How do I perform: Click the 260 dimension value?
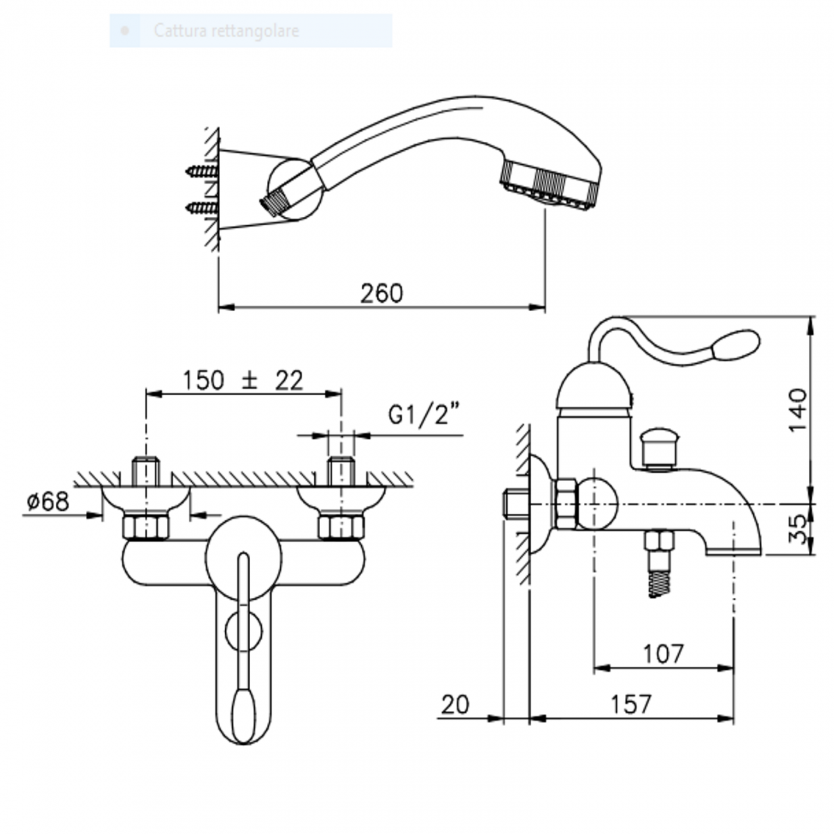[382, 293]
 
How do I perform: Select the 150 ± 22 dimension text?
[243, 380]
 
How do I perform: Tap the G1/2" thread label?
[425, 415]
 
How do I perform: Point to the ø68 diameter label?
[47, 501]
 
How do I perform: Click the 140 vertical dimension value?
[797, 409]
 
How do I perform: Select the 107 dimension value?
[663, 654]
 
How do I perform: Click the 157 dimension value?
[631, 704]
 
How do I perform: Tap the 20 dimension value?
[455, 704]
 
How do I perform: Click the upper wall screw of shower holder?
[201, 171]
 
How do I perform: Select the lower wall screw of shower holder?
[201, 207]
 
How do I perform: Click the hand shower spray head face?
[550, 192]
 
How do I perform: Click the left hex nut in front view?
[146, 527]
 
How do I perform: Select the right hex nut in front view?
[341, 527]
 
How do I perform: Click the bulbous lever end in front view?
[244, 714]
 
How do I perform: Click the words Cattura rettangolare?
[226, 31]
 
